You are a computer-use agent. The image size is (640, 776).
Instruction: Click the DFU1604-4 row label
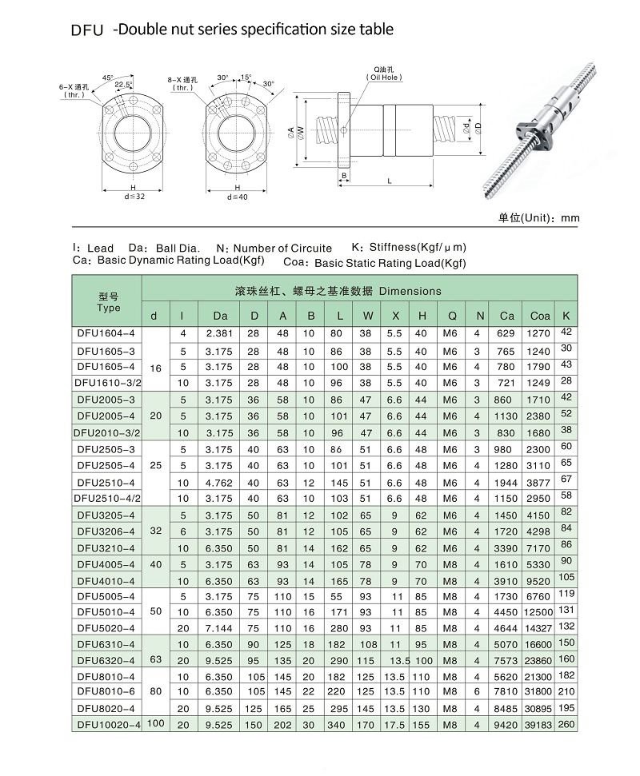click(x=106, y=332)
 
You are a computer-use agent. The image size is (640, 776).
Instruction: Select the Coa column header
click(x=540, y=316)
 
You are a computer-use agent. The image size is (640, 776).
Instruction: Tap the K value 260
click(x=566, y=723)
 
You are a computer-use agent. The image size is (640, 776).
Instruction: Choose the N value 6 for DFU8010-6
click(x=478, y=690)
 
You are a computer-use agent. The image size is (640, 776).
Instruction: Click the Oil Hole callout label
click(x=385, y=74)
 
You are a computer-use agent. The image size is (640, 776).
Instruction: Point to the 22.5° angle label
click(x=124, y=85)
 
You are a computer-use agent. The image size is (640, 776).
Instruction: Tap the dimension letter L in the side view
click(x=390, y=182)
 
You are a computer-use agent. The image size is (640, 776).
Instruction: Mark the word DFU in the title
click(x=86, y=31)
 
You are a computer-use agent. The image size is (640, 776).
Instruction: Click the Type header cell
click(x=108, y=302)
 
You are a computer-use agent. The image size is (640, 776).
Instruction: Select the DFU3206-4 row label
click(x=106, y=531)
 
